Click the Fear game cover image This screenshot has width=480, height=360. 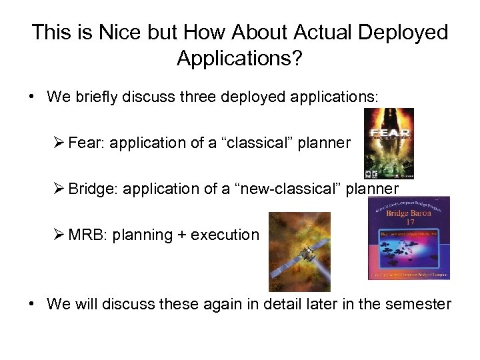[388, 144]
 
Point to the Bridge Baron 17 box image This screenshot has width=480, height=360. [409, 237]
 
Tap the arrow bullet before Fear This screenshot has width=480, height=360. [59, 142]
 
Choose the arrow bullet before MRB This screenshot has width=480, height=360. [59, 235]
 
